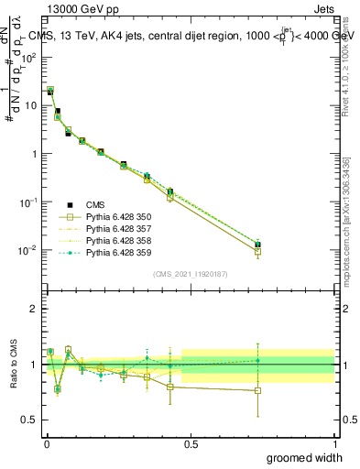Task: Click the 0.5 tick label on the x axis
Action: coord(191,443)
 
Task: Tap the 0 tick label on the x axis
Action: coord(46,443)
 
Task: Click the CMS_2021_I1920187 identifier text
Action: coord(190,274)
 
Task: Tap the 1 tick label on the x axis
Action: coord(334,443)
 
